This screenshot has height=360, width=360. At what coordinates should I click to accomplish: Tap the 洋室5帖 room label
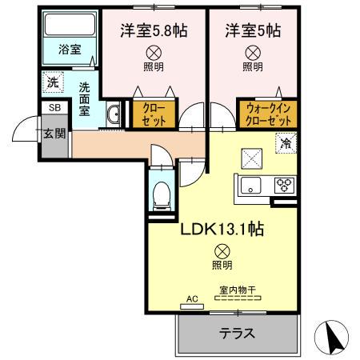pos(253,31)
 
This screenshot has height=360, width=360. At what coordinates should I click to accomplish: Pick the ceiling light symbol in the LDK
pos(222,250)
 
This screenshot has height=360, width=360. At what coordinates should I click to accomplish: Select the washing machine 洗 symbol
pos(52,81)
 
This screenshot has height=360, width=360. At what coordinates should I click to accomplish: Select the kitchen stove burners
pos(283,186)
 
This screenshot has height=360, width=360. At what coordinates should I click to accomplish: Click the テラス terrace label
pos(237,334)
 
